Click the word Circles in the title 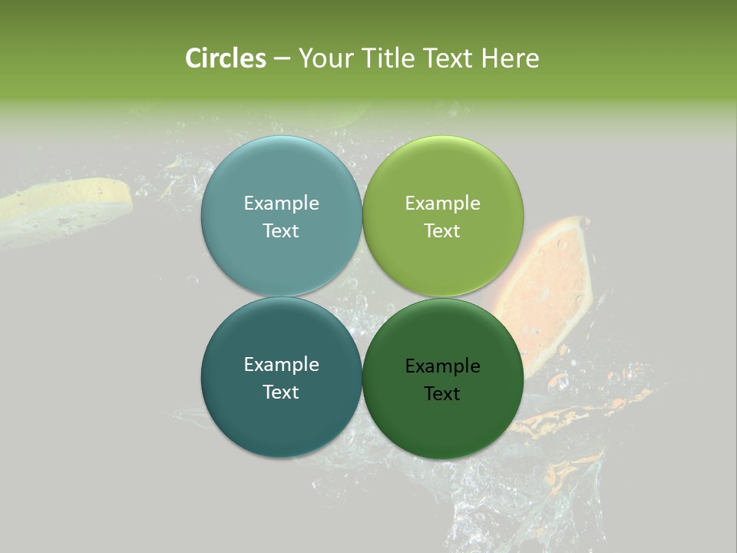click(x=226, y=58)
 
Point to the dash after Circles click(x=282, y=59)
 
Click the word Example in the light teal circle click(x=281, y=204)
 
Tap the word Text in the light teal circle click(x=281, y=231)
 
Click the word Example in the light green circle click(x=442, y=204)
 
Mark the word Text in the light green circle click(x=442, y=231)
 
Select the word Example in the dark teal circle click(x=281, y=365)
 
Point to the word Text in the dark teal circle click(x=281, y=392)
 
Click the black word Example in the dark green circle click(x=442, y=366)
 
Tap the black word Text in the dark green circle click(x=442, y=394)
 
